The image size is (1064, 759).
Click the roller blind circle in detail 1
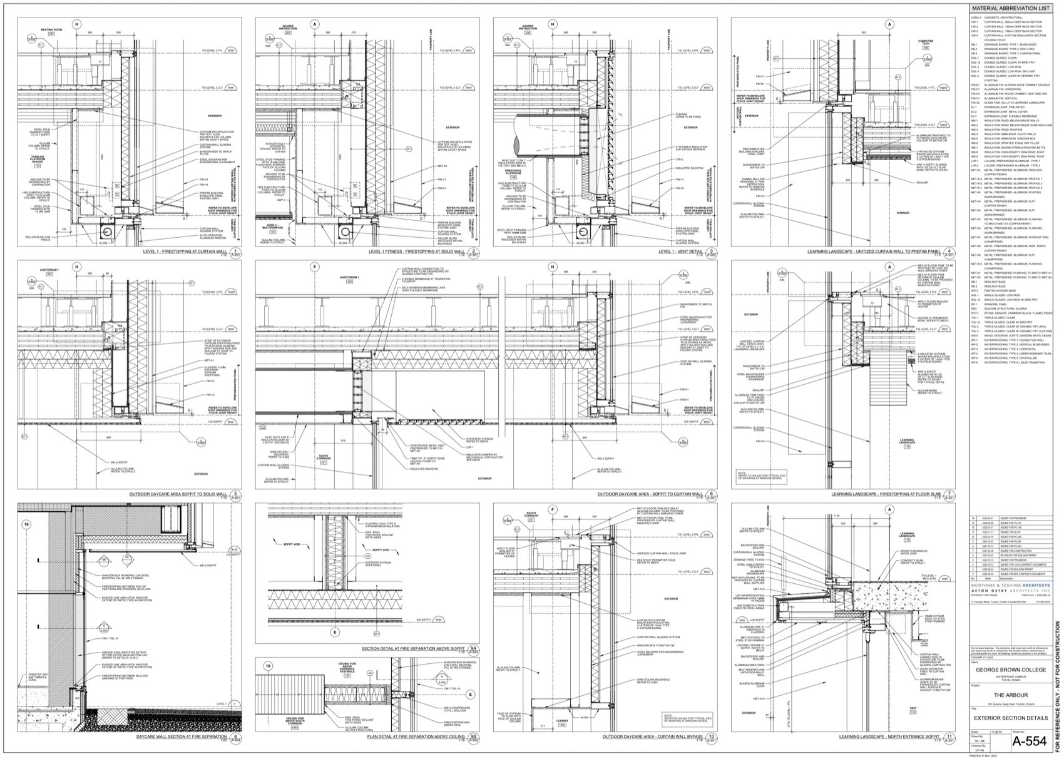pyautogui.click(x=105, y=232)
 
